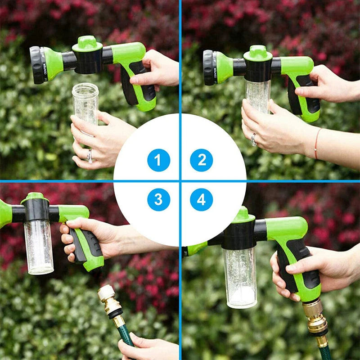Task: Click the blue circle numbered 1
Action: tap(158, 160)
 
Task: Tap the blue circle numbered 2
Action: tap(201, 160)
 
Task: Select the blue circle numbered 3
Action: tap(158, 199)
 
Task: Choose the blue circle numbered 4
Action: tap(201, 199)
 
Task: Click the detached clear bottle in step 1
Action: tap(85, 103)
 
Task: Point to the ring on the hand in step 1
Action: tap(90, 156)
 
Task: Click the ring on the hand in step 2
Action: tap(254, 139)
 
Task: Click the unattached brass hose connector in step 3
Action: tap(109, 301)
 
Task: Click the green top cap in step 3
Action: tap(35, 197)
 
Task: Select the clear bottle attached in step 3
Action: tap(39, 245)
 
